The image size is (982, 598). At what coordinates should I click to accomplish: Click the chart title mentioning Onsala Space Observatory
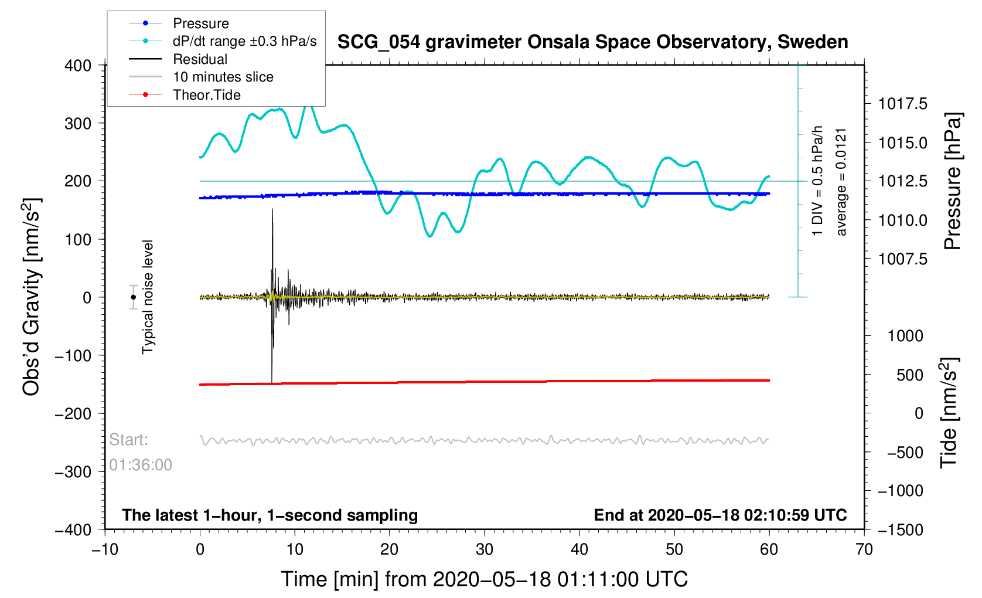coord(592,42)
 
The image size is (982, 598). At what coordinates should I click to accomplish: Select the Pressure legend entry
coord(200,23)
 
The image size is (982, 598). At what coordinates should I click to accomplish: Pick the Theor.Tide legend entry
coord(206,95)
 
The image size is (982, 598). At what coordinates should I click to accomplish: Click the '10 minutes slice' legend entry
coord(223,77)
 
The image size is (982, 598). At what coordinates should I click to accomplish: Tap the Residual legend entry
coord(200,59)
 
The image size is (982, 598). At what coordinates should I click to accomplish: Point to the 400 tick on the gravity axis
coord(78,66)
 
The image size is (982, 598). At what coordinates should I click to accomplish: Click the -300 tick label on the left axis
coord(73,471)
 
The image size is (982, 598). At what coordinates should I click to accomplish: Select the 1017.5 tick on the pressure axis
coord(902,104)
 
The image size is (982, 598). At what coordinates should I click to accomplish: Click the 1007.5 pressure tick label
coord(902,259)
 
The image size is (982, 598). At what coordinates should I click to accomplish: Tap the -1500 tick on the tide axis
coord(900,529)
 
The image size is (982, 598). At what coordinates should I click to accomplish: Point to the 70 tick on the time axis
coord(864,549)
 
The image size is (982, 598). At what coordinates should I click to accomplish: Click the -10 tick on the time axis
coord(105,549)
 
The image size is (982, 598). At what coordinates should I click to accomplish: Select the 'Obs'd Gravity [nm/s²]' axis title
coord(31,297)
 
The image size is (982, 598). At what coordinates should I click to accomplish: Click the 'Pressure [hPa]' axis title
coord(953,182)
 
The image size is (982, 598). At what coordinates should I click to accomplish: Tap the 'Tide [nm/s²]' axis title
coord(949,413)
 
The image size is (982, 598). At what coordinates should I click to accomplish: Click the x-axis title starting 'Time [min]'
coord(484,579)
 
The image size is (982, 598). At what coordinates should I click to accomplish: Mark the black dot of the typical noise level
coord(134,297)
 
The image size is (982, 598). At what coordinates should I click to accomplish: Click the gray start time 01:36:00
coord(141,465)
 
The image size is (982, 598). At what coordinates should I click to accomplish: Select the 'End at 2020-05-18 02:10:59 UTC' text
coord(720,515)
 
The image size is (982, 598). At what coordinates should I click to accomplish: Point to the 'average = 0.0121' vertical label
coord(841,182)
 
